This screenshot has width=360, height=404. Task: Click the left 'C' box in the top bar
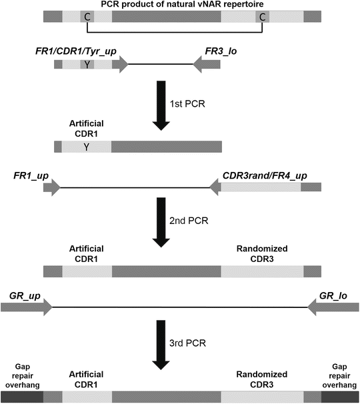(x=87, y=17)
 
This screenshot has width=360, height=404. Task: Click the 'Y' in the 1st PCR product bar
(x=87, y=147)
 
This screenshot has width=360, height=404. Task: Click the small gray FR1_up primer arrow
(x=51, y=188)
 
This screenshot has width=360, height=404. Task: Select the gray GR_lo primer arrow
(x=333, y=307)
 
